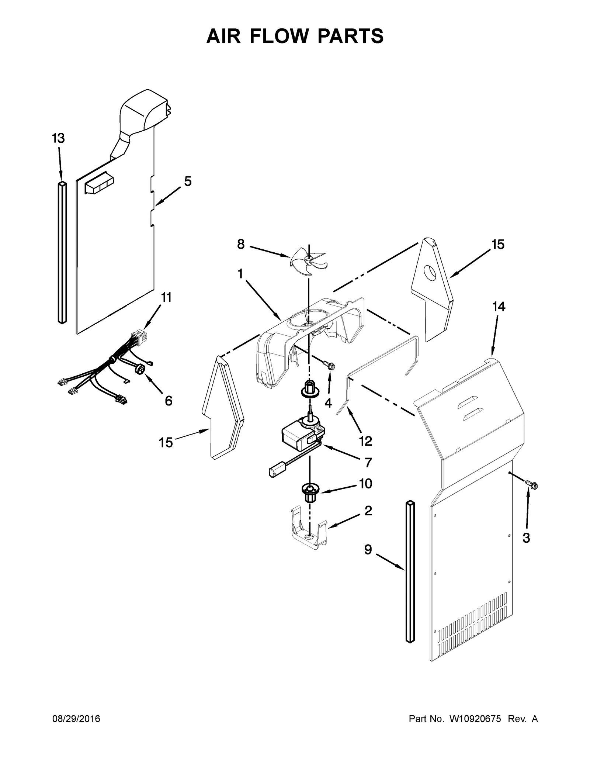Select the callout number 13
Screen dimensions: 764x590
pyautogui.click(x=58, y=138)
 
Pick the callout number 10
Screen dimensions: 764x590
pyautogui.click(x=365, y=483)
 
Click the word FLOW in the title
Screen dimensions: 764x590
pyautogui.click(x=295, y=36)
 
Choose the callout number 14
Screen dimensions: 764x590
pyautogui.click(x=499, y=306)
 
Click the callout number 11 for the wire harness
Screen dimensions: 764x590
pyautogui.click(x=166, y=297)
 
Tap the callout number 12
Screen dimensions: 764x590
pyautogui.click(x=365, y=441)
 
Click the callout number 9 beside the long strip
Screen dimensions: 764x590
pyautogui.click(x=368, y=560)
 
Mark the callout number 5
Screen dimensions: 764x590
pyautogui.click(x=188, y=181)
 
